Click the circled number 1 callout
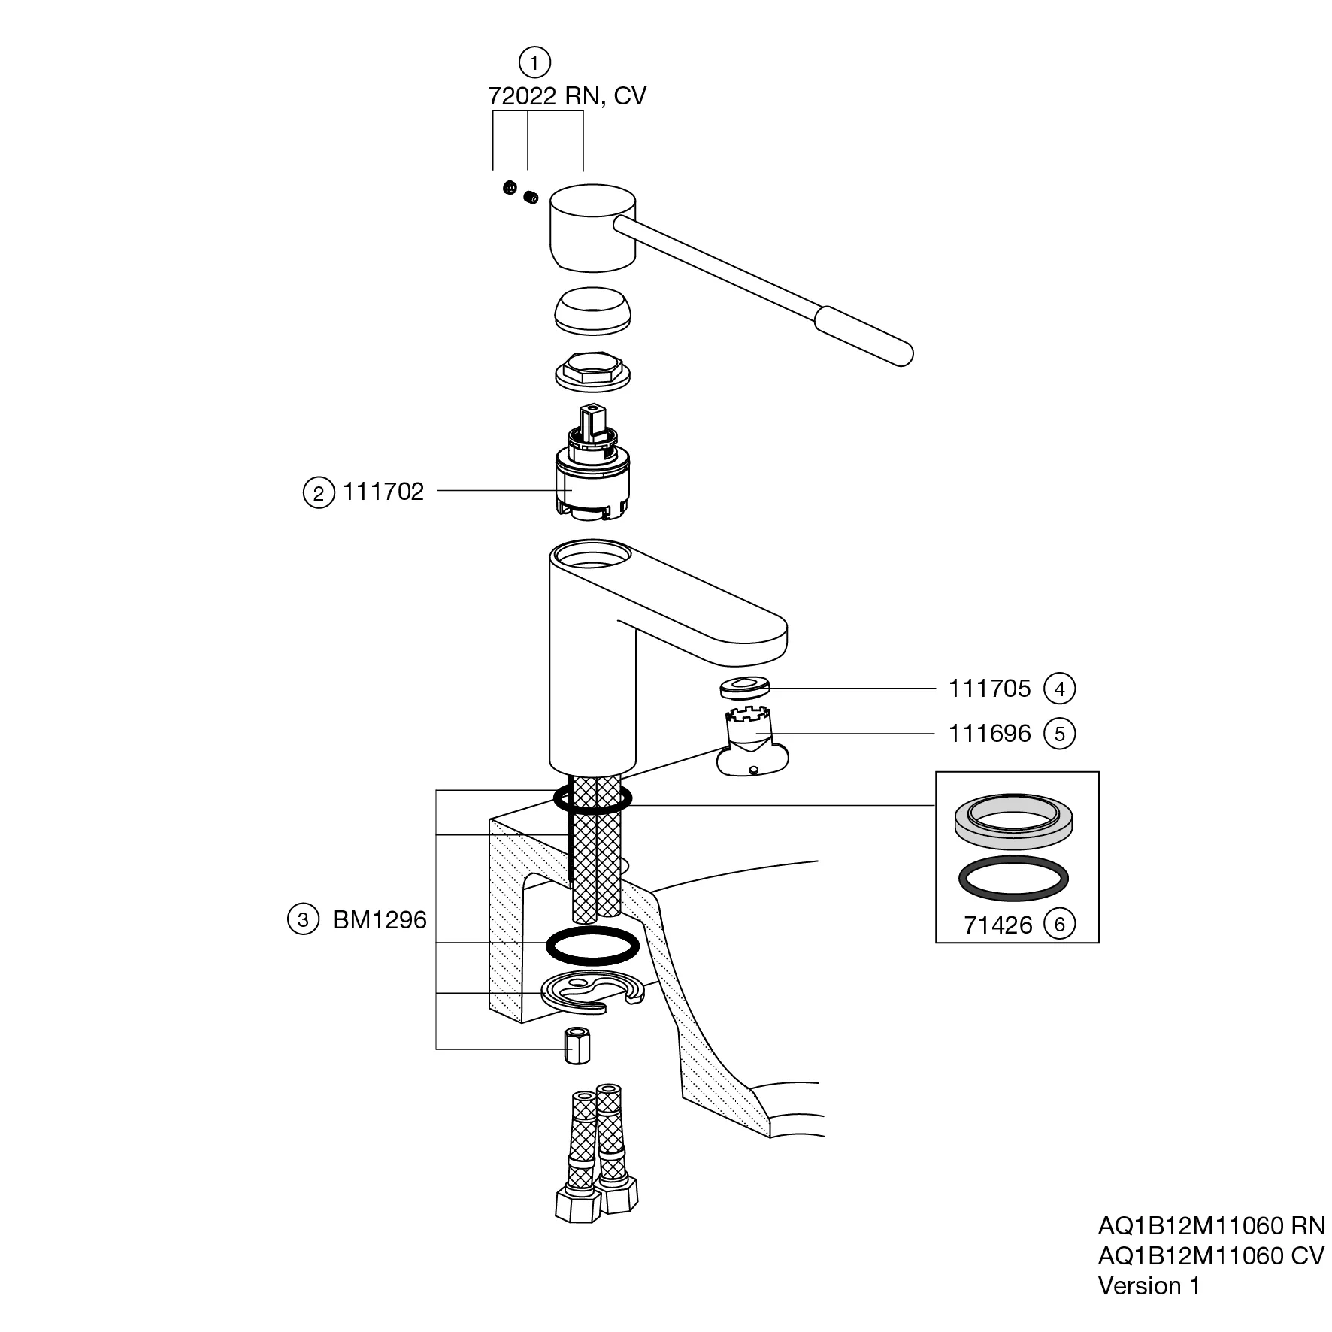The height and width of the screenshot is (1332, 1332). point(534,62)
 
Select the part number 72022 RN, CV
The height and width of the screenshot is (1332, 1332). point(567,96)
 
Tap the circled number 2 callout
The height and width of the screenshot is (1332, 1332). point(319,493)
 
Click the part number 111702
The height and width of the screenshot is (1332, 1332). point(383,492)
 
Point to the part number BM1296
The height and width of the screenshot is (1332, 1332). point(380,919)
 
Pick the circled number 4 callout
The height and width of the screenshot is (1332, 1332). point(1060,689)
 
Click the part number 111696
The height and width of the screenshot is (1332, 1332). point(989,734)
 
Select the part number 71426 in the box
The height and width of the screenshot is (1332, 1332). point(998,925)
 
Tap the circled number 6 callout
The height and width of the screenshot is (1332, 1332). point(1060,924)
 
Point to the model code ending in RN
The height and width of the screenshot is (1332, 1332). point(1211,1226)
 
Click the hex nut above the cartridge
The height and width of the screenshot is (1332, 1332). point(593,371)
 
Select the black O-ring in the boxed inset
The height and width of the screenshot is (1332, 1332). point(1014,878)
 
